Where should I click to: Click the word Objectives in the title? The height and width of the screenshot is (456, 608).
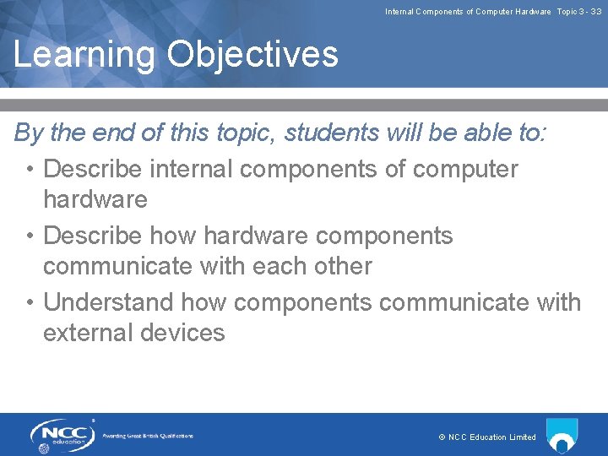pyautogui.click(x=252, y=55)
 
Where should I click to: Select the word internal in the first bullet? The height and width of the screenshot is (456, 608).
pyautogui.click(x=192, y=169)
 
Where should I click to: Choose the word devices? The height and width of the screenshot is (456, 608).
pyautogui.click(x=184, y=333)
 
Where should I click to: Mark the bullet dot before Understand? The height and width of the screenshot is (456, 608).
pyautogui.click(x=30, y=302)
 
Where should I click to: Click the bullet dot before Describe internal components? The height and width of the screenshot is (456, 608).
pyautogui.click(x=30, y=170)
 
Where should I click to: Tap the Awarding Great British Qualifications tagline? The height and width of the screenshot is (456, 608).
pyautogui.click(x=148, y=436)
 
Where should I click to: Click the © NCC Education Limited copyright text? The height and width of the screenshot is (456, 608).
pyautogui.click(x=487, y=437)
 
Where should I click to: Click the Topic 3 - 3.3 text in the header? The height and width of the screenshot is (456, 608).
pyautogui.click(x=578, y=11)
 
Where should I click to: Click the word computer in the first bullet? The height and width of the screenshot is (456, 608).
pyautogui.click(x=465, y=169)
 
